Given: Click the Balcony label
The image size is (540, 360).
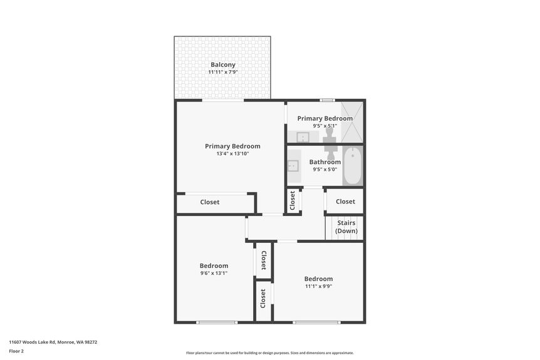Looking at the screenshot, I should coord(222,64).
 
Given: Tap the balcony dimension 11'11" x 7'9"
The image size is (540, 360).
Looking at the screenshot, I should coord(222,73).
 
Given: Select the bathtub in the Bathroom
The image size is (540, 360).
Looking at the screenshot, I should coord(353,166).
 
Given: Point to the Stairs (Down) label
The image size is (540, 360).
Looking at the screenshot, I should coord(346,227).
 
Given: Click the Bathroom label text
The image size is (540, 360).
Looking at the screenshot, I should coord(325,162).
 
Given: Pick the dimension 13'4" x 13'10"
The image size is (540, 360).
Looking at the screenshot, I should coord(232,153).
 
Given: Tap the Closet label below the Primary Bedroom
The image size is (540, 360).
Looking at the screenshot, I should coord(210,202).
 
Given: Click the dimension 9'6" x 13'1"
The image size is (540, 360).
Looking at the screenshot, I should coord(214,273).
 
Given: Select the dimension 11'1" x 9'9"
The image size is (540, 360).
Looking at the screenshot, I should coord(318,286).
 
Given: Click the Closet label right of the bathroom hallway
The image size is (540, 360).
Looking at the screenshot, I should coord(345,202).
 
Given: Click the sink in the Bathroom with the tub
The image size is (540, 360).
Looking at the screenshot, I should coord(293,166).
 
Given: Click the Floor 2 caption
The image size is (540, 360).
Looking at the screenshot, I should coord(16,351).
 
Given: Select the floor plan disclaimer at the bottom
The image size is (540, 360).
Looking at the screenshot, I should coord(269,352).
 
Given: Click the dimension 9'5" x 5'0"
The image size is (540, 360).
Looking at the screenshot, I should coord(325,169).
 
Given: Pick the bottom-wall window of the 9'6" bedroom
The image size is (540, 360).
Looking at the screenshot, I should coord(217,322).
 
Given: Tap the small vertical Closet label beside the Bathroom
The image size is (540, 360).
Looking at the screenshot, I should coord(293,202).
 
